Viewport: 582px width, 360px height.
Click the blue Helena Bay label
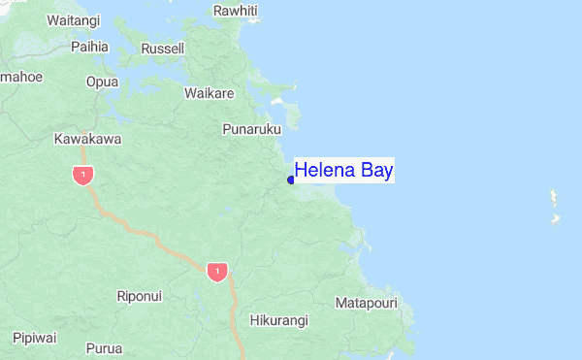click(x=344, y=171)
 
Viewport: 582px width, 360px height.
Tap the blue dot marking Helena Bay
click(x=291, y=180)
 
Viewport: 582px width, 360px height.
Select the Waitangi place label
click(x=73, y=19)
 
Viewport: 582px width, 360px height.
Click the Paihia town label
click(x=89, y=46)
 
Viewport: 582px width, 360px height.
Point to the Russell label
click(x=162, y=49)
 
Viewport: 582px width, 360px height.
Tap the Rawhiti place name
click(x=237, y=11)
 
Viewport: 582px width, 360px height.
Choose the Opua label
click(x=102, y=82)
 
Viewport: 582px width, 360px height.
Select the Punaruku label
click(x=251, y=128)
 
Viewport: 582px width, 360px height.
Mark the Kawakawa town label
click(x=87, y=139)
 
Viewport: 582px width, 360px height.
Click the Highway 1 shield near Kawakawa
click(x=82, y=176)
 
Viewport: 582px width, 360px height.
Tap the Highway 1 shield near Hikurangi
click(x=217, y=272)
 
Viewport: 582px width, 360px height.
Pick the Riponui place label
click(x=139, y=295)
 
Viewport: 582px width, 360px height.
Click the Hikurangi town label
click(x=278, y=320)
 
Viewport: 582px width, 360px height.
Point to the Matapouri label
click(x=367, y=304)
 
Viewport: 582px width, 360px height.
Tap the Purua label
click(x=104, y=347)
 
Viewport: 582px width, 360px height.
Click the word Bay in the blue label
click(x=377, y=171)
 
